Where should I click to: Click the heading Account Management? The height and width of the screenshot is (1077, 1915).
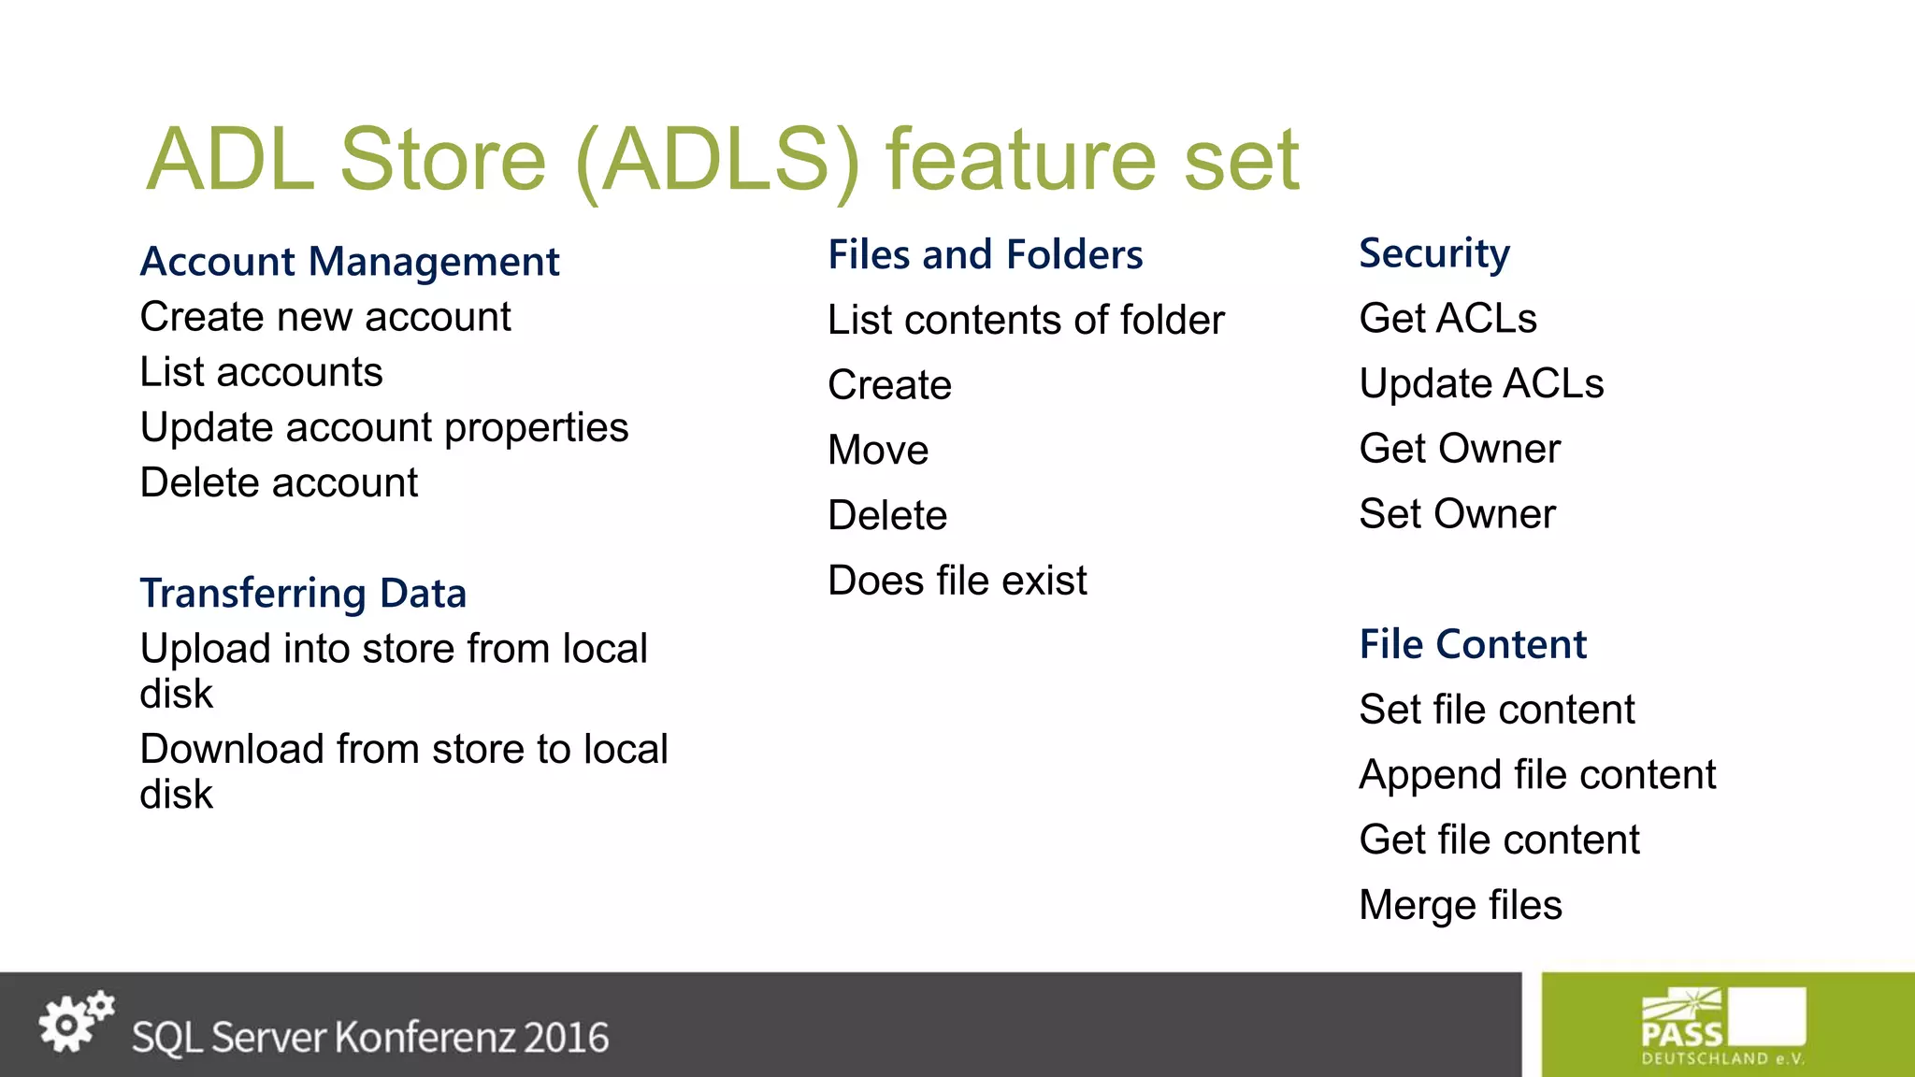tap(350, 262)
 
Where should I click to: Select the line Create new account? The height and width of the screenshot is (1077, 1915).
tap(325, 317)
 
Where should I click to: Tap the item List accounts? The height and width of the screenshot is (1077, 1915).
tap(261, 372)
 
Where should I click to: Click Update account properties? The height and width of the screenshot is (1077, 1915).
tap(383, 427)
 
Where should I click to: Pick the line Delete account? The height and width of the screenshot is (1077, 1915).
tap(279, 482)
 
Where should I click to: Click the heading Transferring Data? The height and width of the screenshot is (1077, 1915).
tap(303, 594)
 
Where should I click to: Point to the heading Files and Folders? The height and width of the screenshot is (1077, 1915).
tap(985, 255)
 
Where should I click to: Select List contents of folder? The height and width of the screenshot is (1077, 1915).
tap(1026, 320)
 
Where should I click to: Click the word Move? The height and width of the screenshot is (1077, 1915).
tap(878, 451)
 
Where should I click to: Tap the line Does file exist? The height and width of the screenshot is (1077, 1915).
tap(957, 581)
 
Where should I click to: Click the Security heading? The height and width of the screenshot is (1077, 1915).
tap(1433, 253)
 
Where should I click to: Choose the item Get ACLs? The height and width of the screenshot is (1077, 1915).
tap(1447, 319)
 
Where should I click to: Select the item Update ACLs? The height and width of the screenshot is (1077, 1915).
tap(1481, 383)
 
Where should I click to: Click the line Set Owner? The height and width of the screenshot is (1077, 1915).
tap(1457, 514)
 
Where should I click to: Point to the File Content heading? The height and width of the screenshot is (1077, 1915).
tap(1473, 644)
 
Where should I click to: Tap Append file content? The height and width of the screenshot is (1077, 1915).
tap(1537, 775)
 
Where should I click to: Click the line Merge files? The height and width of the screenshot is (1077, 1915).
tap(1461, 905)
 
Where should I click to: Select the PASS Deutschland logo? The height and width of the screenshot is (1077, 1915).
tap(1722, 1027)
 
